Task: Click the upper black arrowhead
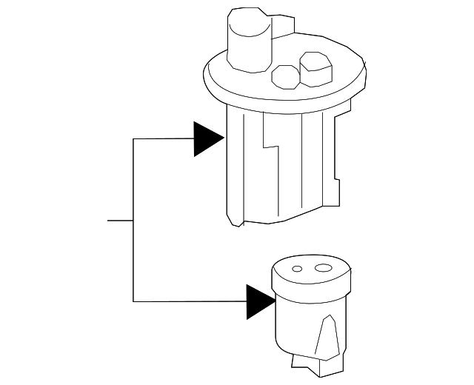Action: (x=207, y=138)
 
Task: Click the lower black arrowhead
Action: (x=259, y=301)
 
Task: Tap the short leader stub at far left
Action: (x=120, y=221)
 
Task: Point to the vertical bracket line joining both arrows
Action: (x=133, y=222)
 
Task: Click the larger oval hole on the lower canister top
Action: (x=323, y=268)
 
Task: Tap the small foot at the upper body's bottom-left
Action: (x=235, y=220)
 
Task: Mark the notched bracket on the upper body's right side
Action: (x=338, y=167)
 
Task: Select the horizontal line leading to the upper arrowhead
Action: (x=163, y=138)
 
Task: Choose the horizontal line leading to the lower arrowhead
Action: (x=189, y=301)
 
